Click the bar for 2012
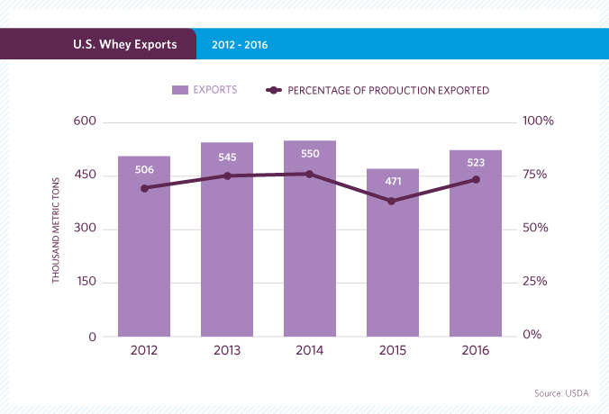pyautogui.click(x=144, y=261)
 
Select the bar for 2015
pyautogui.click(x=393, y=270)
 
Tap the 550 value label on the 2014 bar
pyautogui.click(x=310, y=154)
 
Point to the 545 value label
pyautogui.click(x=227, y=157)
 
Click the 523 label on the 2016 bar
pyautogui.click(x=476, y=164)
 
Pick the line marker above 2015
pyautogui.click(x=393, y=201)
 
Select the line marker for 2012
pyautogui.click(x=144, y=188)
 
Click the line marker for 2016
pyautogui.click(x=476, y=180)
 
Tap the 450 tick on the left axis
pyautogui.click(x=86, y=175)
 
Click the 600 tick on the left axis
pyautogui.click(x=86, y=121)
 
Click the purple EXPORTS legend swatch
pyautogui.click(x=179, y=90)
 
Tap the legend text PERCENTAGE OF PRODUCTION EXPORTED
pyautogui.click(x=388, y=90)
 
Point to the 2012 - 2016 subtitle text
pyautogui.click(x=240, y=44)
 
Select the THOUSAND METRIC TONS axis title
pyautogui.click(x=56, y=229)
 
